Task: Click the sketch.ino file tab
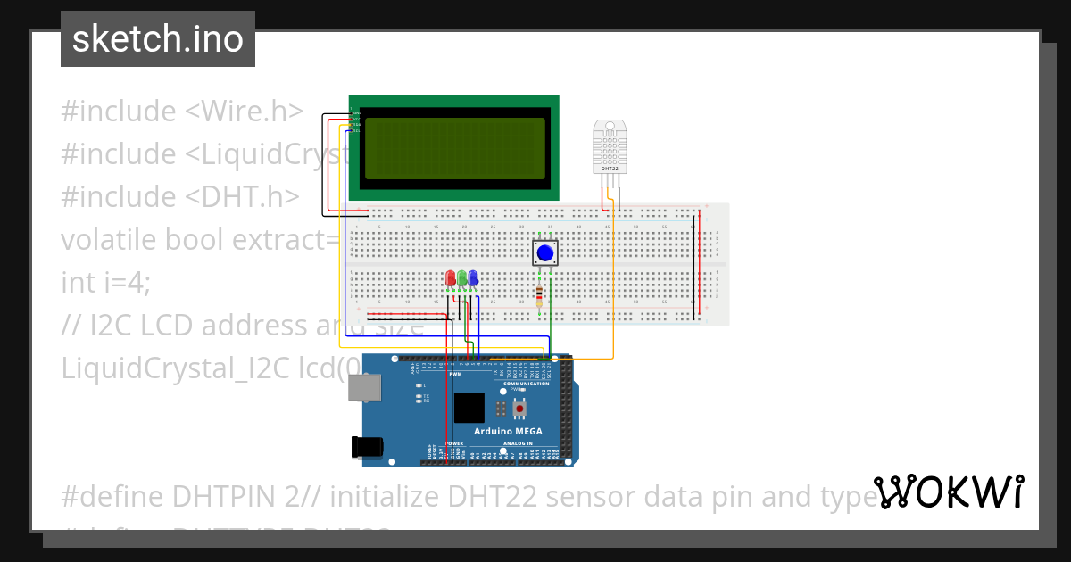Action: (x=158, y=39)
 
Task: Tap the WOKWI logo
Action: (x=948, y=492)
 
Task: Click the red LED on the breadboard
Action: (x=451, y=279)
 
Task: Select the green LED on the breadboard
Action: (x=461, y=279)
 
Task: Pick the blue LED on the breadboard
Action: (x=472, y=279)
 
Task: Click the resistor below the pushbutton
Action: (x=539, y=294)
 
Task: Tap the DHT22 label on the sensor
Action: (x=610, y=168)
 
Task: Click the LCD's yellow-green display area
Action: (x=453, y=147)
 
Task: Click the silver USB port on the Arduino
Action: (x=363, y=387)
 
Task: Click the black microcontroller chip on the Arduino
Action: (x=469, y=408)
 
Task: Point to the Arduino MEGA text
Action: (x=508, y=431)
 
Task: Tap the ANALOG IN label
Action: (x=517, y=443)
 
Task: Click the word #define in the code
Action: (x=112, y=495)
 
